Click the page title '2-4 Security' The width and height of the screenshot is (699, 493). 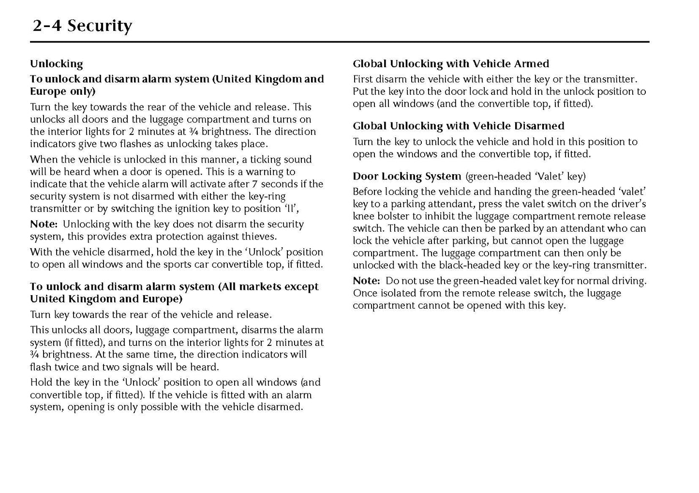pos(82,26)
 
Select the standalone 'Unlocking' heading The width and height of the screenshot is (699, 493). pos(56,64)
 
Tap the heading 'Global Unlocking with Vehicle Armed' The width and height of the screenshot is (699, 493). pos(451,64)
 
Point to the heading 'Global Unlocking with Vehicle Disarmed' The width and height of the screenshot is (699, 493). pos(458,126)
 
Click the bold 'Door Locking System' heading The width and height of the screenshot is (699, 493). pos(407,176)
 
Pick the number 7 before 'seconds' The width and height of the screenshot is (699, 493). pos(254,184)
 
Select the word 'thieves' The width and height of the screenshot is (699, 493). pos(259,237)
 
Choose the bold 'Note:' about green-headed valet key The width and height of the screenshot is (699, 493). pos(366,281)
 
